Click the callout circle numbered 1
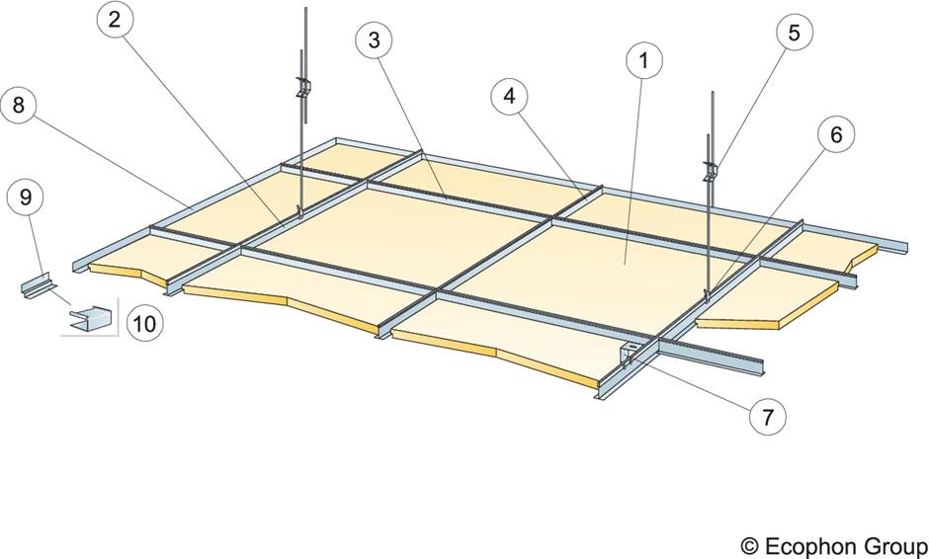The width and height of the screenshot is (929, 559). [643, 61]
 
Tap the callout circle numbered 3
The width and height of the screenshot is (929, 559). [374, 40]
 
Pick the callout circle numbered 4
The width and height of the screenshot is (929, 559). [509, 97]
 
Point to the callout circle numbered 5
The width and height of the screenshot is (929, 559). [794, 33]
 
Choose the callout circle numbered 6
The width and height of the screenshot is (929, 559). [835, 136]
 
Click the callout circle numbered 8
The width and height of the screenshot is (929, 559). [23, 106]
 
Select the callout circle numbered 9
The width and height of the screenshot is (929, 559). [25, 198]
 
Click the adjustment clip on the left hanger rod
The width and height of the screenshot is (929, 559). [304, 89]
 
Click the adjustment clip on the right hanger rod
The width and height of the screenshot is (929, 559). [709, 171]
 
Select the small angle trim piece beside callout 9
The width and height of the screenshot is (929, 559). [37, 286]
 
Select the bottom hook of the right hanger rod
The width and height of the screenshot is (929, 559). [708, 293]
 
